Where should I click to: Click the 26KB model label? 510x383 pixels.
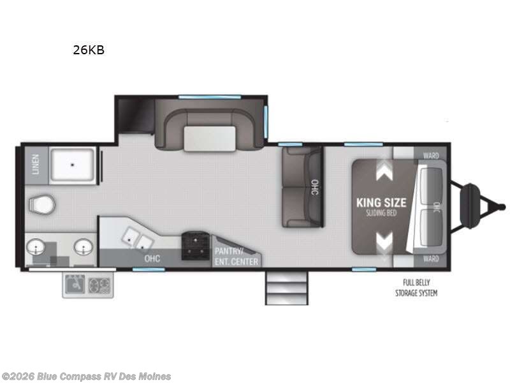coord(88,50)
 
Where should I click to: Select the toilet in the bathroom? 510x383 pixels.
coord(41,204)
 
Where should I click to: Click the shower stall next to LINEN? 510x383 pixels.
coord(73,165)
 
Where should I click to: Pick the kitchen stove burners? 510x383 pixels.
coord(194,245)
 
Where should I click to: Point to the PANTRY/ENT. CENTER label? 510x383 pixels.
coord(236,257)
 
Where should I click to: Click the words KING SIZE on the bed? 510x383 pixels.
coord(381,202)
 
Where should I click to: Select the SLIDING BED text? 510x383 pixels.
coord(381,213)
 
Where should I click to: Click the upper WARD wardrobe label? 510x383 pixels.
coord(431,155)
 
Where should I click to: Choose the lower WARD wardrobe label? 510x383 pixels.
coord(431,259)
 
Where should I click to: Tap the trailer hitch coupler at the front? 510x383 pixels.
coord(501,206)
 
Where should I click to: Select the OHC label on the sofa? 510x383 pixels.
coord(314,188)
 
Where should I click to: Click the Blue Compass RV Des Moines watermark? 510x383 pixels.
coord(86,376)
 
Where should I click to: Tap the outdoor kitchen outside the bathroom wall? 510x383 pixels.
coord(87,285)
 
